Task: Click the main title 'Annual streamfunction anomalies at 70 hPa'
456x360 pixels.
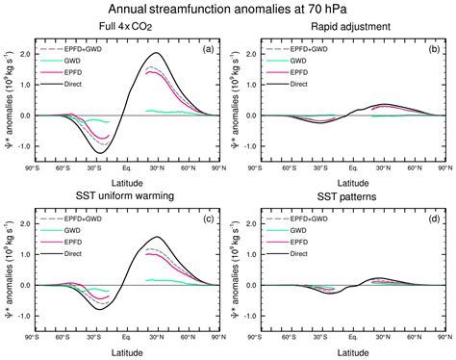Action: click(x=227, y=10)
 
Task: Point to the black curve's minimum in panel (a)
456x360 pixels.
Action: click(x=100, y=152)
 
